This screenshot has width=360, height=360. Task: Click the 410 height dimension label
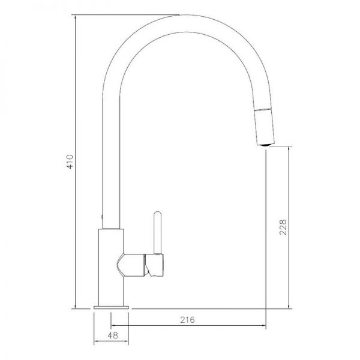click(x=70, y=161)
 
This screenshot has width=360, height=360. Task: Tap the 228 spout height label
click(x=283, y=227)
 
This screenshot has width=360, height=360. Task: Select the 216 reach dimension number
click(x=187, y=320)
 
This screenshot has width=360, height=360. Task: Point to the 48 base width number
click(x=113, y=335)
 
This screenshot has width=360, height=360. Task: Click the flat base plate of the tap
click(x=111, y=307)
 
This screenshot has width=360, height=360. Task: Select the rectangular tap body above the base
click(x=111, y=267)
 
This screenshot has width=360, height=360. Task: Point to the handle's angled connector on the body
click(x=131, y=265)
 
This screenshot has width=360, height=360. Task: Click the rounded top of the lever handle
click(x=158, y=214)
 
